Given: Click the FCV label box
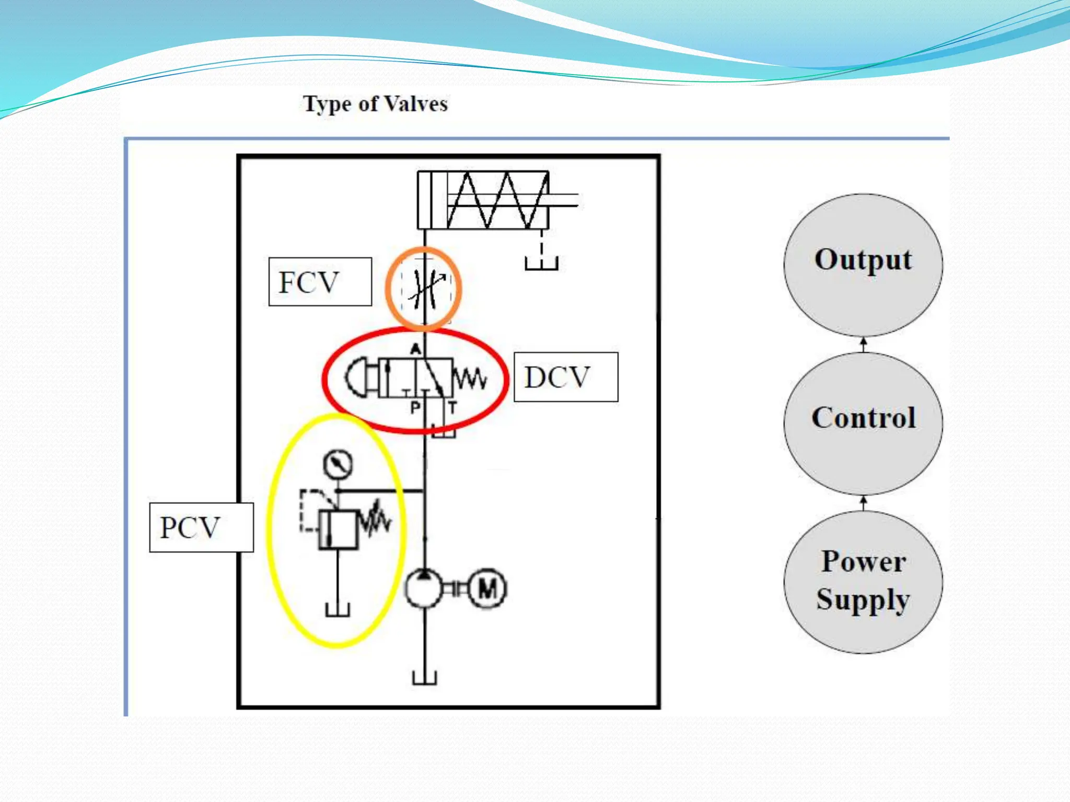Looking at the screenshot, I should (x=320, y=282).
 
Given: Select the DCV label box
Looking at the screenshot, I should (x=566, y=377).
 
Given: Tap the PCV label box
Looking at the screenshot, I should (x=201, y=527).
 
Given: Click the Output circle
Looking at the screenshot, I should (x=863, y=265).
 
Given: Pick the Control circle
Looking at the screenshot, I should (x=863, y=423).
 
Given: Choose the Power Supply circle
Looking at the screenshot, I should (x=863, y=582).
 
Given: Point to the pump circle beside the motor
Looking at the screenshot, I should (x=424, y=589).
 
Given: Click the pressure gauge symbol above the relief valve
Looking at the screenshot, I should (x=338, y=464).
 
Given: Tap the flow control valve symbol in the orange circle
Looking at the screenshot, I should (x=425, y=289).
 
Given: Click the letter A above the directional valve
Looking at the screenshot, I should (x=415, y=349).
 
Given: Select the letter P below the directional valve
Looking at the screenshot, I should (x=415, y=407).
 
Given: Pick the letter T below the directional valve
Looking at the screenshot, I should (x=452, y=407).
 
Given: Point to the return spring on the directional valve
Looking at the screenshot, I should (x=470, y=378).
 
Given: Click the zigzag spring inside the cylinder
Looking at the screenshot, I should (x=496, y=200).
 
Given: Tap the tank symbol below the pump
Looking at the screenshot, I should (x=424, y=678).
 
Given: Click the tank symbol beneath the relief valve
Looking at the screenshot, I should (x=338, y=609).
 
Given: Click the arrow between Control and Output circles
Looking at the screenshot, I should (x=864, y=345).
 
